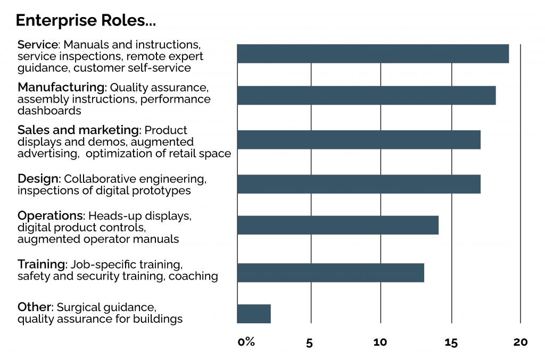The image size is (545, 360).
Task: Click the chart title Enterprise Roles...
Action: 86,21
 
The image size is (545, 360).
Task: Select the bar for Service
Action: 373,54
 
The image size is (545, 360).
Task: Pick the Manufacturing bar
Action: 366,95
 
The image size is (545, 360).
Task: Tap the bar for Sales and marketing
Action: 359,139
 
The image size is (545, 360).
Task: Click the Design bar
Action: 359,184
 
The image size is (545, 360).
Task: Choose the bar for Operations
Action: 338,225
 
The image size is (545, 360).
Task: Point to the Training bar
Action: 331,272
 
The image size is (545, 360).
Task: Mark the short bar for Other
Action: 254,314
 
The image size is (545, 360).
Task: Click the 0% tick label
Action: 246,342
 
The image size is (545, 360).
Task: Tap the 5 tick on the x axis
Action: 310,342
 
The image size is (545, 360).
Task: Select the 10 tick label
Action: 380,342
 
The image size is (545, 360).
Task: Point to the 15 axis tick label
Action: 451,342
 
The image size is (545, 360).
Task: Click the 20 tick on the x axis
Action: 521,342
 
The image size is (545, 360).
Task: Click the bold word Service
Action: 37,44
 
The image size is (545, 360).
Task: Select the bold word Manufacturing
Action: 61,87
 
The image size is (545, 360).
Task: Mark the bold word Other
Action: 35,307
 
